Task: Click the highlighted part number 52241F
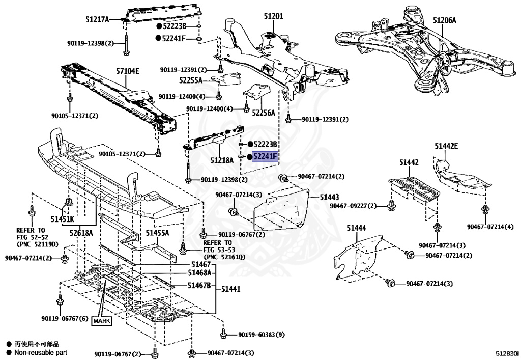pos(266,157)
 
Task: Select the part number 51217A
pos(97,20)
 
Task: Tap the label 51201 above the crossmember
pos(273,17)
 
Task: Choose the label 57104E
pos(127,71)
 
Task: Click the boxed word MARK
pos(101,321)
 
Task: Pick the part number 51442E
pos(446,146)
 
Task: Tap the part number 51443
pos(330,197)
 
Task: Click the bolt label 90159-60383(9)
pos(261,335)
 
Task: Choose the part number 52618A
pos(81,233)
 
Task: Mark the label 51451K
pos(62,219)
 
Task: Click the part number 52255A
pos(191,80)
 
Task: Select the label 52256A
pos(264,113)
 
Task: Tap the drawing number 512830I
pos(507,352)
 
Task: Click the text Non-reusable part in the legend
pos(40,352)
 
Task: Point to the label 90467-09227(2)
pos(353,206)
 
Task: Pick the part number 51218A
pos(222,160)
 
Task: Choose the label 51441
pos(230,289)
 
